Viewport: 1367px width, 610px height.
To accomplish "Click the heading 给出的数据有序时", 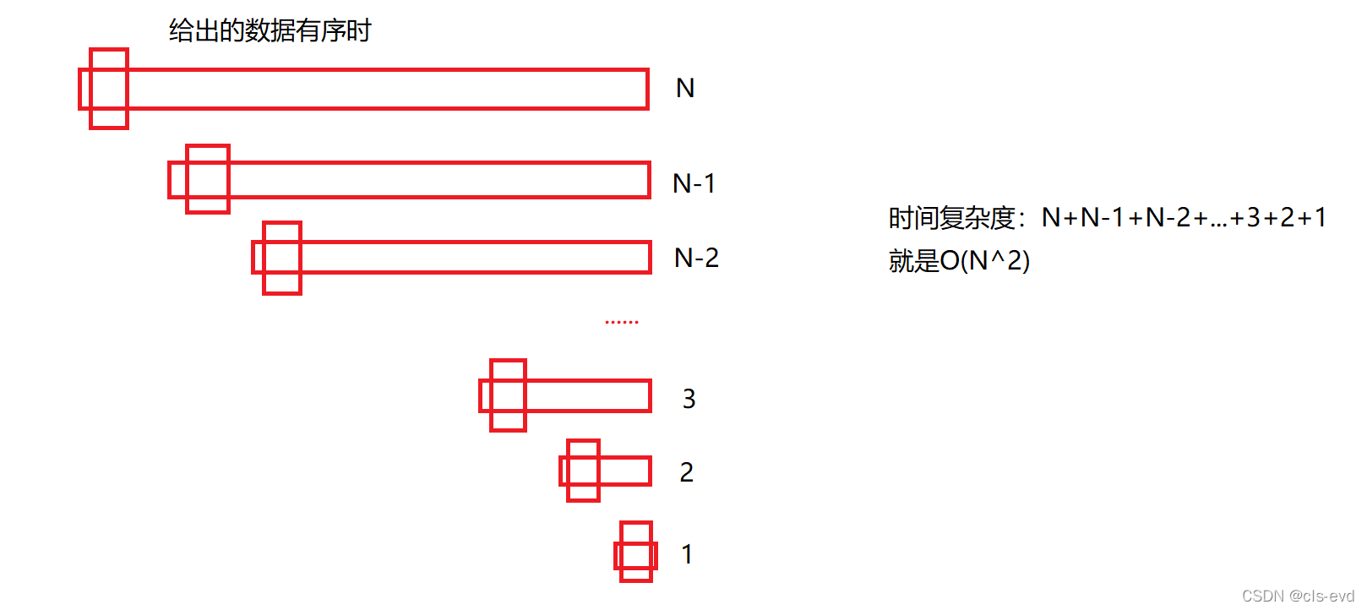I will (270, 31).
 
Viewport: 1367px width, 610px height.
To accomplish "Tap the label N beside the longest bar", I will (685, 89).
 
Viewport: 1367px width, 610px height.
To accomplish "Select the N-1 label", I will (694, 183).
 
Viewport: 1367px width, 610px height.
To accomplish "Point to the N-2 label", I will (696, 258).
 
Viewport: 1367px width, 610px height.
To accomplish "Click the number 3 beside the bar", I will (689, 399).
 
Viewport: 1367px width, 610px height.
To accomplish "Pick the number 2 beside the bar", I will (686, 472).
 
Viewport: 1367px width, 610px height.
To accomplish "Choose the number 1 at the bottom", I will (686, 554).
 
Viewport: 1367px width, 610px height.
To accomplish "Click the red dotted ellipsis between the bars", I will (622, 322).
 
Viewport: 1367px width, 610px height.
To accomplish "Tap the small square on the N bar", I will (109, 89).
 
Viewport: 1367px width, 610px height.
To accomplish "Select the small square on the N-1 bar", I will (208, 179).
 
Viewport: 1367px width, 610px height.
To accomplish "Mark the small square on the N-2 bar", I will (282, 258).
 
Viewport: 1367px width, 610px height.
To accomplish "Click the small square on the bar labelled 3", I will (508, 395).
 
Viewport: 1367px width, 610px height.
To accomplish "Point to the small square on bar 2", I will (583, 471).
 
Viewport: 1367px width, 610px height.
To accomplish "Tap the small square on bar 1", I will (636, 552).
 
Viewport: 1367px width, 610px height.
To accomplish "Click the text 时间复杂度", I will (951, 219).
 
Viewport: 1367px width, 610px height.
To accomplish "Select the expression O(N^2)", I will (985, 261).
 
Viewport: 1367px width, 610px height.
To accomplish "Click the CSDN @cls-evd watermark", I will (1298, 596).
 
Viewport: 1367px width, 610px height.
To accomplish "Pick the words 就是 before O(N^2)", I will (913, 261).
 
